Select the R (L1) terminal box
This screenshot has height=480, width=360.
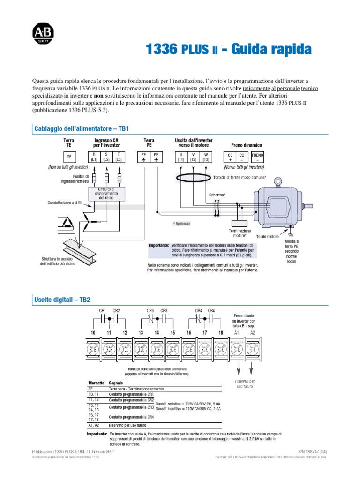94,157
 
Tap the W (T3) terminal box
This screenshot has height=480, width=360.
206,157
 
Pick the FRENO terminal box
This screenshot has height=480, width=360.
258,157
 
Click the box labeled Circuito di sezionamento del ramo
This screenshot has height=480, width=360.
106,193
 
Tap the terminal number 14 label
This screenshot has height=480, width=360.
157,332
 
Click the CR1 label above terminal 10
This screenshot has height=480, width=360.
103,310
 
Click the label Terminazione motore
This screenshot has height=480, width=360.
240,233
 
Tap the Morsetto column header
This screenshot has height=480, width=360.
97,383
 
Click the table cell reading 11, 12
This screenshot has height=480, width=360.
94,400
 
